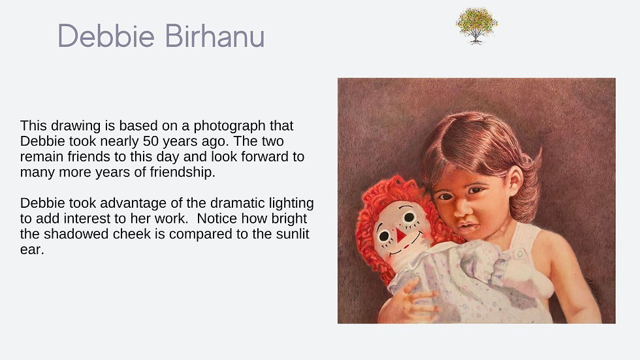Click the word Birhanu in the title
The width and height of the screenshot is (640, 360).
(215, 36)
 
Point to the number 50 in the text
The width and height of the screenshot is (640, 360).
(151, 141)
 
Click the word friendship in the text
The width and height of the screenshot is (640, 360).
(182, 172)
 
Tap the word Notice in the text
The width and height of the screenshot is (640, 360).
(216, 218)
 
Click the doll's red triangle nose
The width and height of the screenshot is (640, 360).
(400, 235)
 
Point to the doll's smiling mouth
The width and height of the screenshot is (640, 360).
(404, 246)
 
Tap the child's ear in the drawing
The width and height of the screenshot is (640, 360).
(514, 179)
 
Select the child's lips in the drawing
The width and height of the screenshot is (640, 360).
(466, 225)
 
